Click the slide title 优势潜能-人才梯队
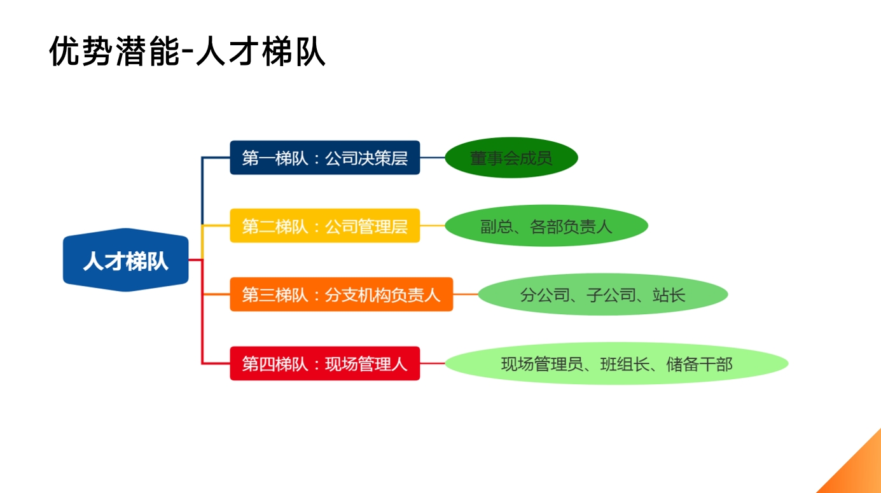click(188, 52)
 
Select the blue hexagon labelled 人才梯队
click(126, 260)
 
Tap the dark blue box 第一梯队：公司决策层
click(324, 158)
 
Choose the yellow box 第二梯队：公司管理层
click(324, 226)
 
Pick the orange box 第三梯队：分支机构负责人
click(341, 295)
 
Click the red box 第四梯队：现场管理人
click(324, 364)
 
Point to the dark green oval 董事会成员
click(511, 158)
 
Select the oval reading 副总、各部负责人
click(546, 226)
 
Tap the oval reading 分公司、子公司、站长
click(602, 295)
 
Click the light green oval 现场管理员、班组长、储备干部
click(616, 364)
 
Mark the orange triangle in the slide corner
click(859, 471)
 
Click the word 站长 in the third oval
click(669, 295)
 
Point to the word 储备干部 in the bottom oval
click(699, 365)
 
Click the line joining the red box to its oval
click(433, 364)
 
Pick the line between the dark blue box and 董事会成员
click(433, 158)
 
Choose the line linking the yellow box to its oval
click(433, 226)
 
